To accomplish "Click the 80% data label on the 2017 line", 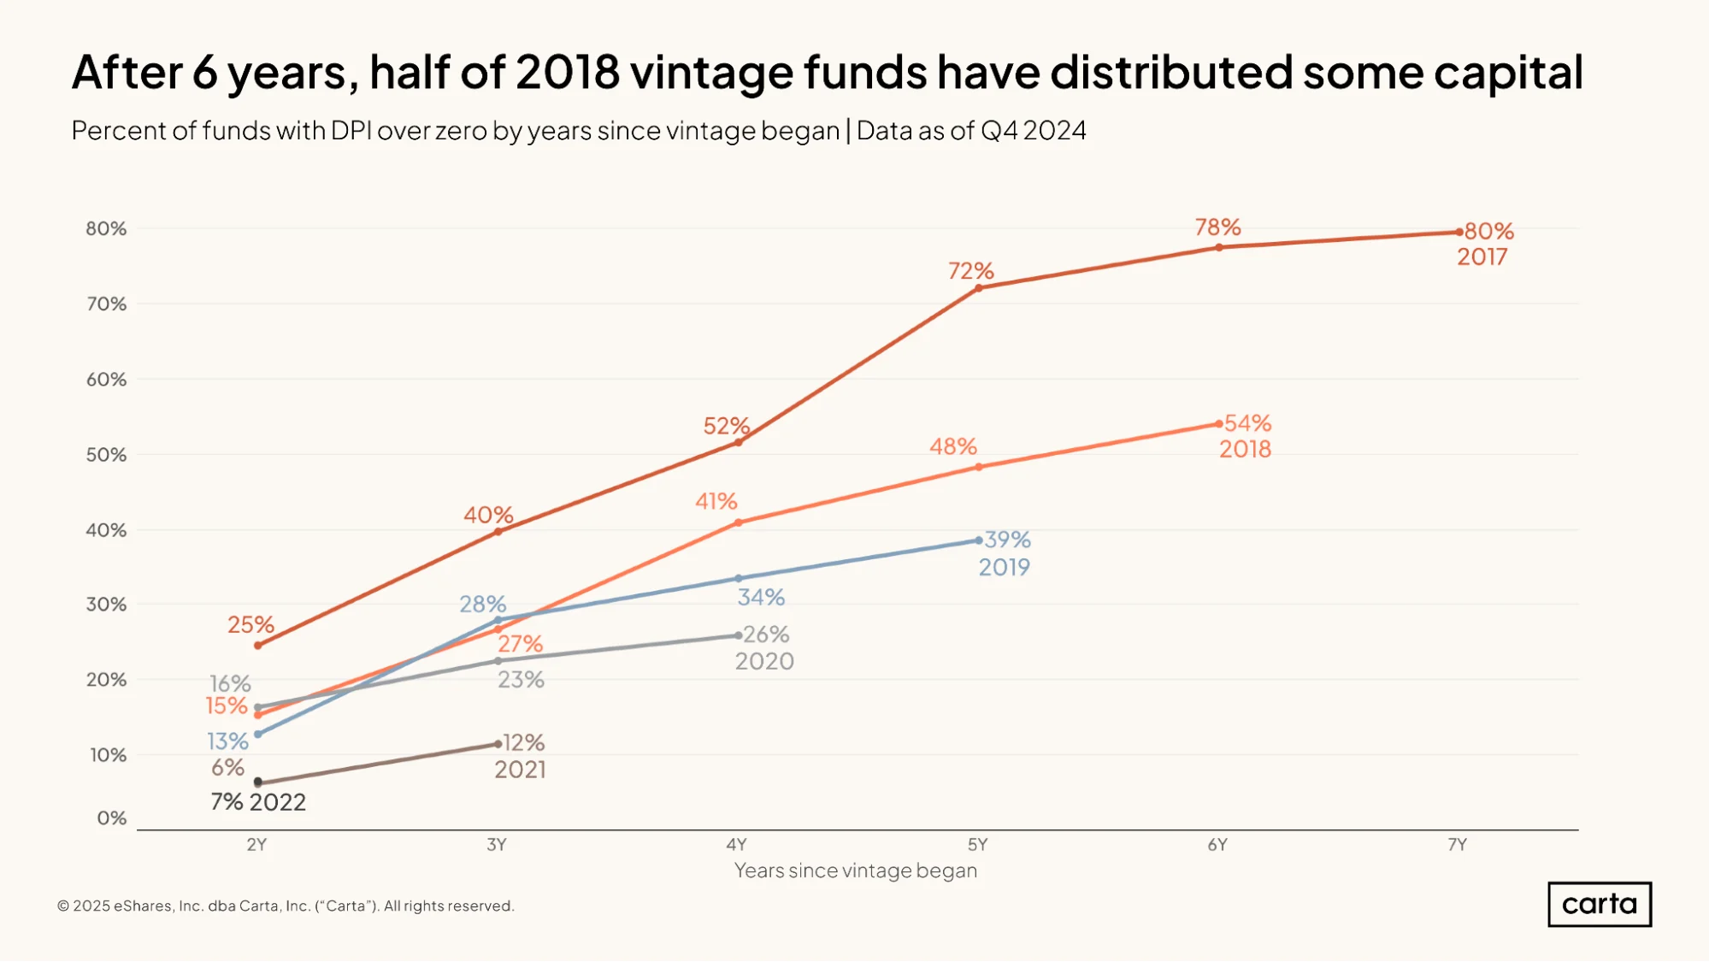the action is tap(1489, 231).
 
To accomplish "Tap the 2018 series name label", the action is tap(1245, 449).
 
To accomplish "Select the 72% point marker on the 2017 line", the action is tap(979, 288).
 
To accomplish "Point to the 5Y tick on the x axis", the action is tap(977, 845).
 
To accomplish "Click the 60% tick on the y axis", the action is tap(106, 379).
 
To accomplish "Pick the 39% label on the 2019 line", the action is tap(1007, 540).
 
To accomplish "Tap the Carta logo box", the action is tap(1600, 904).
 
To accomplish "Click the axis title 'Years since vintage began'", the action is tap(856, 871).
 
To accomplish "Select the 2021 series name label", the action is tap(520, 770).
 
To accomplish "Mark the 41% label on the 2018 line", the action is tap(716, 501).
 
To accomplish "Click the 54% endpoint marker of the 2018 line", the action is tap(1219, 424).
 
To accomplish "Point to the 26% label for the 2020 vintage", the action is tap(766, 634).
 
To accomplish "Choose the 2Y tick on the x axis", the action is tap(256, 845).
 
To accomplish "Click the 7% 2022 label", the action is tap(258, 802).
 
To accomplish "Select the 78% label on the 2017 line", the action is tap(1217, 227).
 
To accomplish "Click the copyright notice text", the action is tap(286, 906).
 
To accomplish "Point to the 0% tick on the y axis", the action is tap(112, 818).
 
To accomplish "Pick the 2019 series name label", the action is tap(1005, 567).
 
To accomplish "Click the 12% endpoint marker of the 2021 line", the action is tap(498, 744).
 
